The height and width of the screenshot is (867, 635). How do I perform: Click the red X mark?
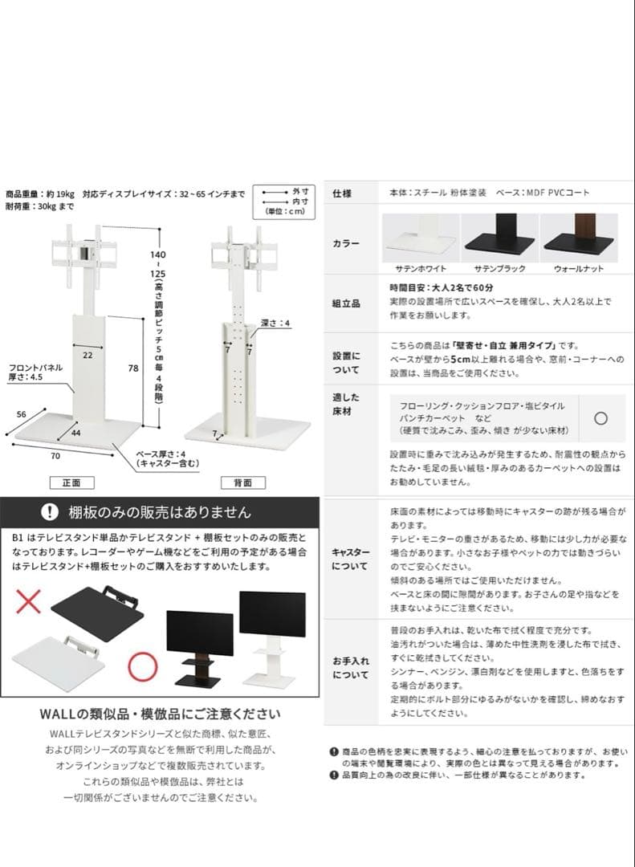click(x=28, y=600)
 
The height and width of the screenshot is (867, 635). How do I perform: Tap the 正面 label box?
click(x=71, y=482)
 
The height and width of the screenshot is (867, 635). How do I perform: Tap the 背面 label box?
click(x=242, y=482)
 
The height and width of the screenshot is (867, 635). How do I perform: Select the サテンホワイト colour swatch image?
click(x=420, y=237)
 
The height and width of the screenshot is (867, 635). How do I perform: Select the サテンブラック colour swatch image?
click(x=499, y=237)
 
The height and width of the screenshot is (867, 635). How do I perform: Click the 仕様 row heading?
click(x=344, y=193)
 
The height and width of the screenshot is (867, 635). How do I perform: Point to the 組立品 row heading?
click(x=346, y=303)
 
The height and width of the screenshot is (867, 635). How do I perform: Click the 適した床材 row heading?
click(x=346, y=404)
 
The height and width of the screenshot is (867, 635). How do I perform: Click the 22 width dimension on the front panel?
click(x=87, y=353)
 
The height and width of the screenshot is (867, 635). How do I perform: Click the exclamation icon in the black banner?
click(x=50, y=511)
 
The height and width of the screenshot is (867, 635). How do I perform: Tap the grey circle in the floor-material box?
click(x=600, y=417)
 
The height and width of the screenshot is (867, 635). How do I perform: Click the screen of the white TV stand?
click(x=272, y=613)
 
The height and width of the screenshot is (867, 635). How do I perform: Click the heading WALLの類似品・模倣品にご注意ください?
click(x=160, y=714)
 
